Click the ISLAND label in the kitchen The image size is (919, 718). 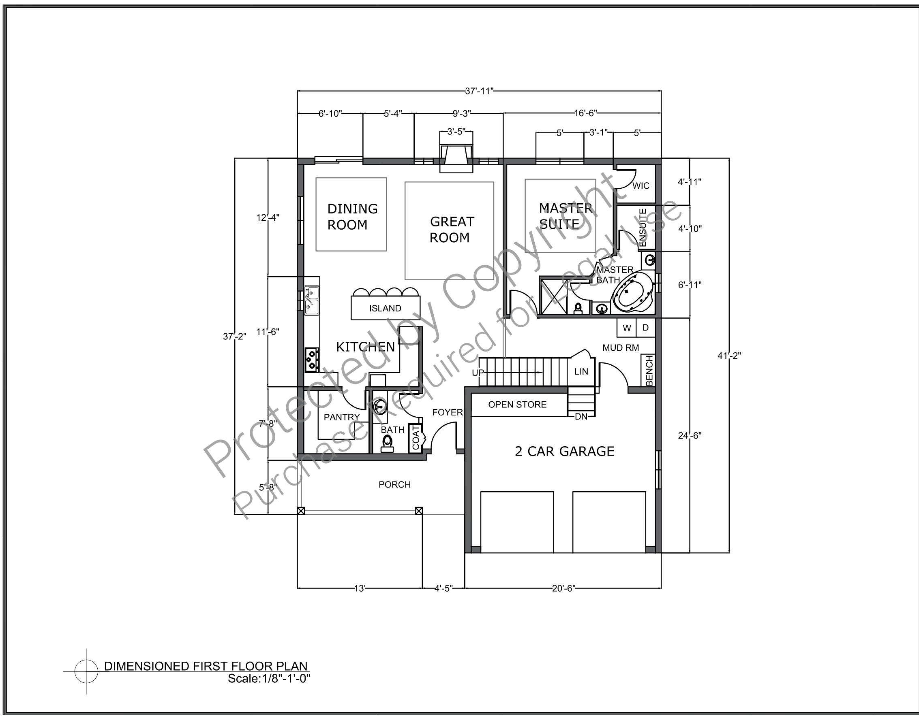(x=385, y=309)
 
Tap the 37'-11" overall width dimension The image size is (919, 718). (x=479, y=91)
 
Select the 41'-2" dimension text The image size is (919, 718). (x=729, y=356)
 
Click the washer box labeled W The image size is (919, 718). (x=627, y=328)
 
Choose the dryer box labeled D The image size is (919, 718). (x=645, y=328)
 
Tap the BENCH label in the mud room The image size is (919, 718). (x=649, y=371)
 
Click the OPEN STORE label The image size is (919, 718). (x=517, y=405)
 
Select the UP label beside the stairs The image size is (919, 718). (x=478, y=373)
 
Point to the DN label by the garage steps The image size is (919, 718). (x=581, y=417)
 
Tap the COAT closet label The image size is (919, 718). (x=416, y=438)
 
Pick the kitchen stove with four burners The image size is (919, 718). (x=312, y=360)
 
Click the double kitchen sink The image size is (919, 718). (x=312, y=300)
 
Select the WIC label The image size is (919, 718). (x=641, y=186)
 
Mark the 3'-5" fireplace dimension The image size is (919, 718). (x=456, y=132)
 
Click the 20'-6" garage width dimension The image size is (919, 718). (x=563, y=588)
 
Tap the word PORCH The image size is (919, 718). (x=395, y=485)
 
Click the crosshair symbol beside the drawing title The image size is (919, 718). (x=86, y=671)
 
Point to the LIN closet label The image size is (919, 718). (x=581, y=372)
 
